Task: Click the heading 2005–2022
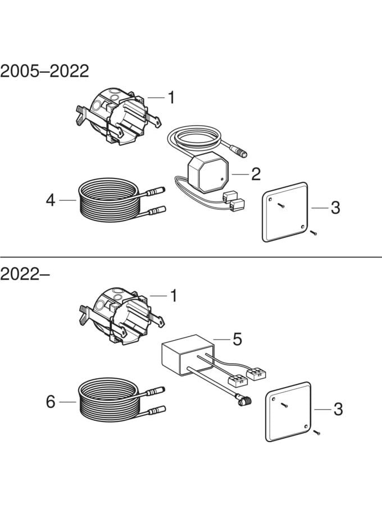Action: click(45, 71)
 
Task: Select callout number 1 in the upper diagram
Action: click(171, 98)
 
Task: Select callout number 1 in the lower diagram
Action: click(173, 295)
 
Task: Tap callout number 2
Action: click(256, 174)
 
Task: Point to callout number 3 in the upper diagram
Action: click(335, 208)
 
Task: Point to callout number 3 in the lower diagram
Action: click(338, 409)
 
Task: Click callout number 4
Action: click(51, 199)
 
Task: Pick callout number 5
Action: click(237, 339)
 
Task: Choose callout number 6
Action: click(51, 402)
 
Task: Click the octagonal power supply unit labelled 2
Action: click(205, 171)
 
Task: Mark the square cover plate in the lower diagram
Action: click(288, 411)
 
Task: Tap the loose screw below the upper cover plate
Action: click(313, 232)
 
